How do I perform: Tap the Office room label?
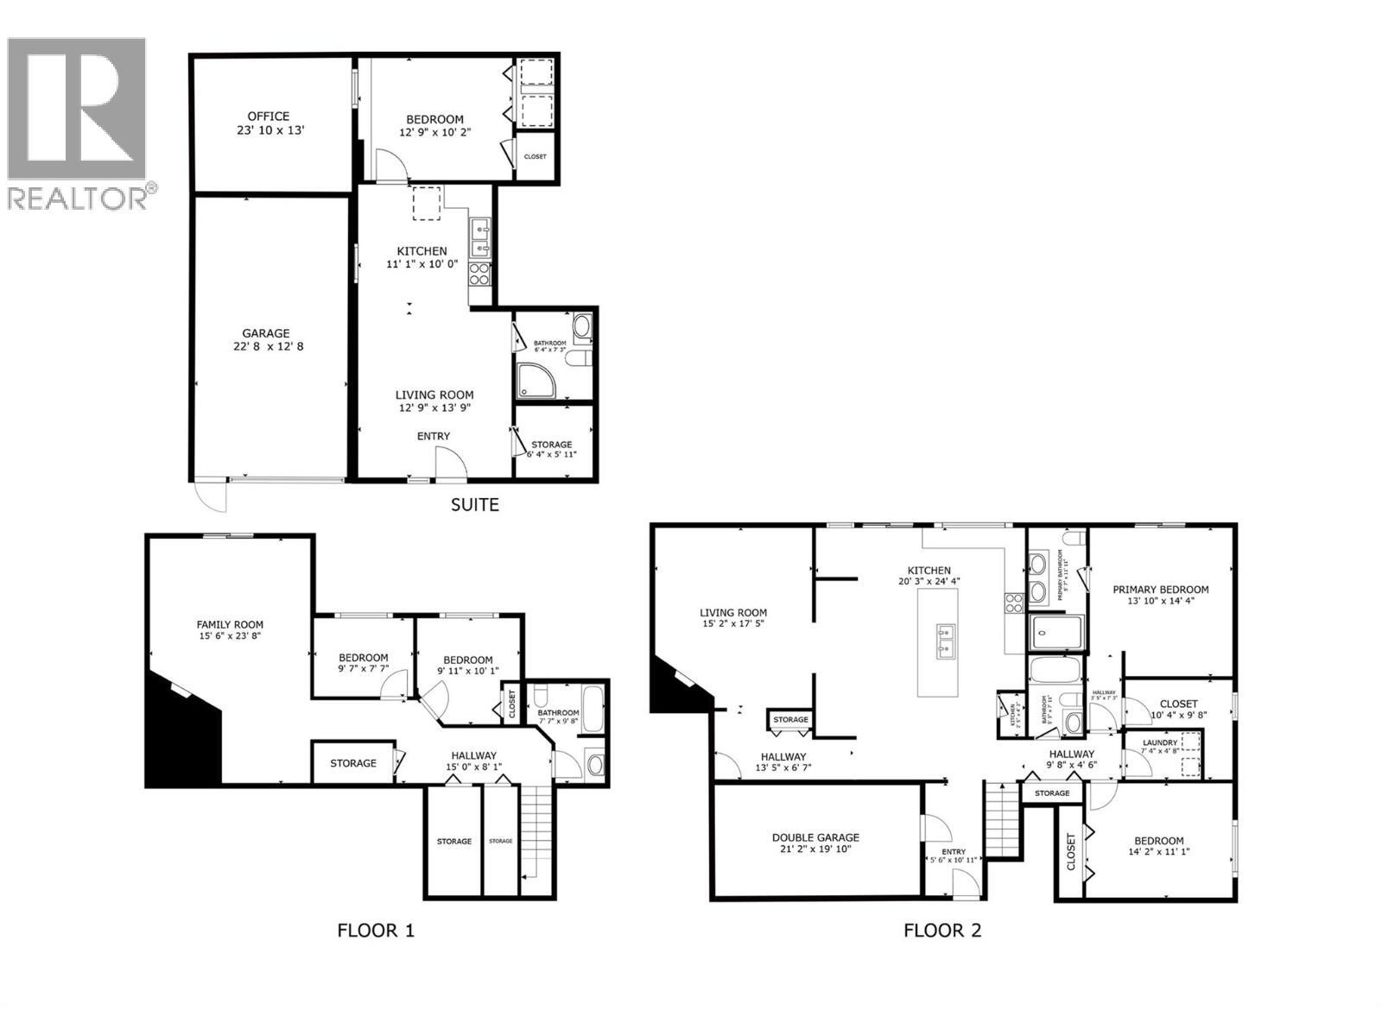tap(269, 117)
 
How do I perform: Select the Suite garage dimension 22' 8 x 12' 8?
tap(266, 346)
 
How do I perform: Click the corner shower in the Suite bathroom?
tap(536, 381)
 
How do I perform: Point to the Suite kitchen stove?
tap(479, 275)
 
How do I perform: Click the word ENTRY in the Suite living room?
tap(434, 436)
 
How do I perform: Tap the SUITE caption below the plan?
tap(474, 504)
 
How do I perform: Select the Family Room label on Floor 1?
tap(230, 624)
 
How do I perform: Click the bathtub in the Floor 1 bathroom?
tap(593, 708)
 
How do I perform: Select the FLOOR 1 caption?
tap(376, 931)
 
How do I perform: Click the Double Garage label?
tap(815, 837)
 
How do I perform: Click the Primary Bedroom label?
tap(1160, 590)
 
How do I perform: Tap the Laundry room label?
tap(1159, 742)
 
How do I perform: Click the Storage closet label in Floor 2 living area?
tap(790, 719)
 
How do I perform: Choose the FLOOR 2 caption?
tap(942, 931)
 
